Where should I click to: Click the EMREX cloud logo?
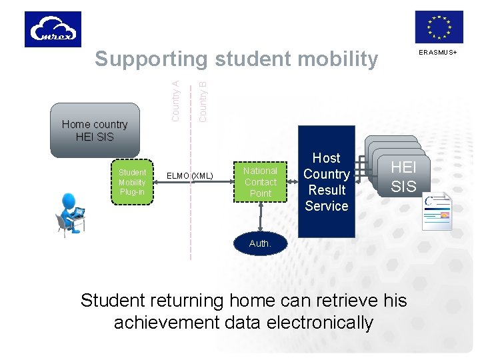(53, 29)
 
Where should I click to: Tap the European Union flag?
(439, 27)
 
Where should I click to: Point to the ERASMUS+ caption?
(438, 52)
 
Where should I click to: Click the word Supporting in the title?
(151, 59)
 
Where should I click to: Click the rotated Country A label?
(175, 100)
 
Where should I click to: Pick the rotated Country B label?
(203, 97)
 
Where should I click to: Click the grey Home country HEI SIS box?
(95, 131)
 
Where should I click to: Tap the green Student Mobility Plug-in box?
(132, 182)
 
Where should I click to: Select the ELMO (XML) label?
(190, 176)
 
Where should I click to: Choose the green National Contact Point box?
(260, 182)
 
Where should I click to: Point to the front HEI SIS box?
(403, 177)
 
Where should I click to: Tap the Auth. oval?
(260, 243)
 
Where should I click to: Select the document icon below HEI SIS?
(437, 211)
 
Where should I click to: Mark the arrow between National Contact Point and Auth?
(260, 215)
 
